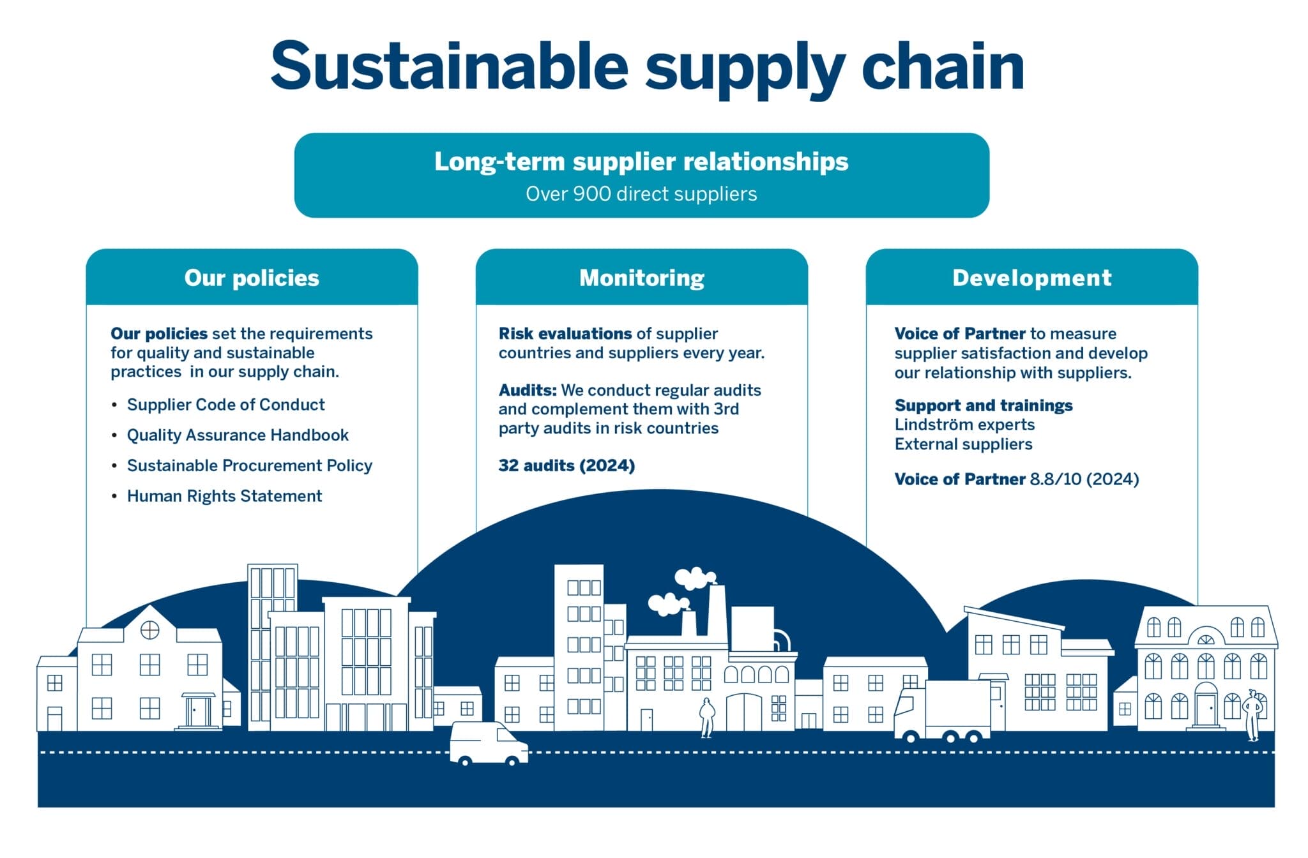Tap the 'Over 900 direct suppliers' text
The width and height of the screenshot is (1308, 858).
[x=641, y=194]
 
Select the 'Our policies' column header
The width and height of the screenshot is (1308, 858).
[x=252, y=278]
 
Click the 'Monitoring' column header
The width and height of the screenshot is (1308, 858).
[x=641, y=278]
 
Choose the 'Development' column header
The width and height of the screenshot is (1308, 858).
[x=1031, y=278]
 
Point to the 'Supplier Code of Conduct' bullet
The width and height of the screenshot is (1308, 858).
[x=225, y=405]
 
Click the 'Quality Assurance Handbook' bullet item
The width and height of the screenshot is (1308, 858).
[x=238, y=435]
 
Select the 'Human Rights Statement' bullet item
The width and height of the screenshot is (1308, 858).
[x=224, y=496]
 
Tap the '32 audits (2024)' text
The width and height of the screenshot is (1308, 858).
[x=567, y=465]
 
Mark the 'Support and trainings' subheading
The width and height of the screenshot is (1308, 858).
[x=983, y=405]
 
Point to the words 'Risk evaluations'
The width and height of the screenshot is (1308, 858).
[x=565, y=334]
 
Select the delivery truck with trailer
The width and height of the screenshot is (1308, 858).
[x=944, y=712]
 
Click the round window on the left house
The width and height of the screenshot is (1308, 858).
[x=149, y=630]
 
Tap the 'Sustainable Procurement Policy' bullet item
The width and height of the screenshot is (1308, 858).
[x=249, y=466]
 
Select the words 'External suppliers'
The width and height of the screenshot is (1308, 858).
[x=963, y=444]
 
